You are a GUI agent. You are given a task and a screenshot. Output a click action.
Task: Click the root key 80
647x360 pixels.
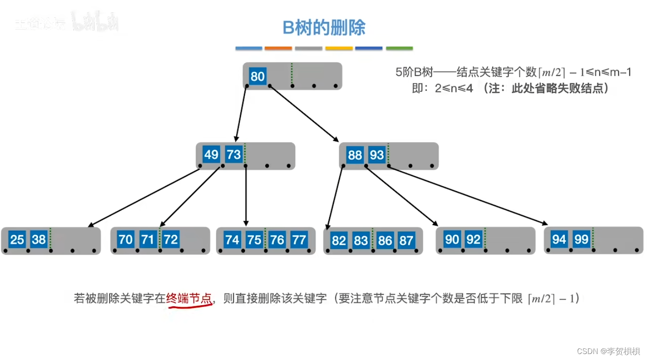point(257,76)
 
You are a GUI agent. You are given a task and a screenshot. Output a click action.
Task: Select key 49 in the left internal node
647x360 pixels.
point(211,154)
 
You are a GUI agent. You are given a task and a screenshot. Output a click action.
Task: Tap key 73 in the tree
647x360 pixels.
point(233,154)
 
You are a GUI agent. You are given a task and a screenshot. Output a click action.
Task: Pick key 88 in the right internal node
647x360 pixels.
point(355,155)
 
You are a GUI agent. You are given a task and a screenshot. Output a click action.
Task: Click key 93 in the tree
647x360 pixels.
point(377,155)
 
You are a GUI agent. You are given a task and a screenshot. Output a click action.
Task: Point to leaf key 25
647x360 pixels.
point(17,239)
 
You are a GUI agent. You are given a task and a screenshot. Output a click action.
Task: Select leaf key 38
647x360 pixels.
point(39,239)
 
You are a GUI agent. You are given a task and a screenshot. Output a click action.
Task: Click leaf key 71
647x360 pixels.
point(148,239)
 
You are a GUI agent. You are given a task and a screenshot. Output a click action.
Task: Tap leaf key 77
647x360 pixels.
point(299,239)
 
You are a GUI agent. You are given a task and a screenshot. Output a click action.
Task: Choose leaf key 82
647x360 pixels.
point(338,240)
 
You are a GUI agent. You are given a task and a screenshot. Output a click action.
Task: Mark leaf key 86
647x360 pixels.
point(385,240)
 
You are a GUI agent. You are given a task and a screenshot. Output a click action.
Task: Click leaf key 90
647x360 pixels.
point(452,239)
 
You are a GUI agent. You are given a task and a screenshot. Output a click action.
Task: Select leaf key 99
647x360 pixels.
point(581,239)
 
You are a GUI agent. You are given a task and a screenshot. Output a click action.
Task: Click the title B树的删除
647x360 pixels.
point(324,28)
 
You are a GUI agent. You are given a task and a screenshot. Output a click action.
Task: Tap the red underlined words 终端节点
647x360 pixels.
point(189,298)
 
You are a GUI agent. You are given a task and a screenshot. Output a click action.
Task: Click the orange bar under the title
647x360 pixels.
point(278,48)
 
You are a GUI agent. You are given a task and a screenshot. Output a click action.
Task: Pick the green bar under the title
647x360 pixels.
point(399,48)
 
